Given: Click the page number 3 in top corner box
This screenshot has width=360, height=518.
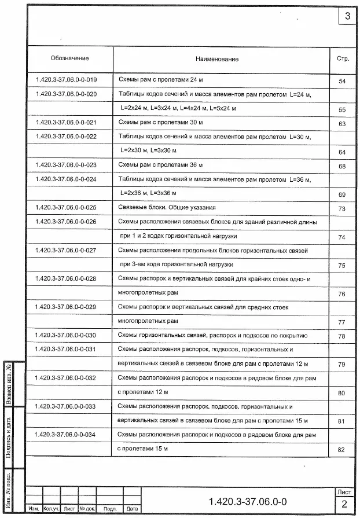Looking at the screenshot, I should click(x=347, y=16).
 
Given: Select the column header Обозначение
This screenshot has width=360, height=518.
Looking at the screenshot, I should click(x=69, y=58).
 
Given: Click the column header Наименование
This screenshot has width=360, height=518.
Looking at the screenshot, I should click(x=216, y=59).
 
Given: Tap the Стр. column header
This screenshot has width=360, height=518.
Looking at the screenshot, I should click(x=343, y=58).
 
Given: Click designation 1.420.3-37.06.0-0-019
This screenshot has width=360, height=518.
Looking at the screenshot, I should click(x=67, y=79).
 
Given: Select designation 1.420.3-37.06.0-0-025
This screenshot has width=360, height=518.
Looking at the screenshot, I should click(x=67, y=207).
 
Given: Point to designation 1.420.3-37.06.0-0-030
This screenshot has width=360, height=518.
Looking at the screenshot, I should click(x=67, y=335).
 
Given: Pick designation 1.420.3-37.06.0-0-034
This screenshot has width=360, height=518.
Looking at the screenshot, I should click(x=67, y=434).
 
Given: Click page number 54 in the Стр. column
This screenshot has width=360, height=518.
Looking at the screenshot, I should click(x=342, y=82).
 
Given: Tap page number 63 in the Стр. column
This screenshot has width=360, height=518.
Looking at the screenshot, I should click(x=342, y=124).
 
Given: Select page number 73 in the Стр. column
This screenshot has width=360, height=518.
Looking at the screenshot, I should click(x=342, y=209).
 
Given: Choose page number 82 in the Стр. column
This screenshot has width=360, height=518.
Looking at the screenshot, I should click(x=341, y=450).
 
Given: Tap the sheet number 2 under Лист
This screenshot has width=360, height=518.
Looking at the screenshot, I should click(x=344, y=503).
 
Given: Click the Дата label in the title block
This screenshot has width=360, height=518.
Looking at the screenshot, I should click(x=133, y=509).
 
